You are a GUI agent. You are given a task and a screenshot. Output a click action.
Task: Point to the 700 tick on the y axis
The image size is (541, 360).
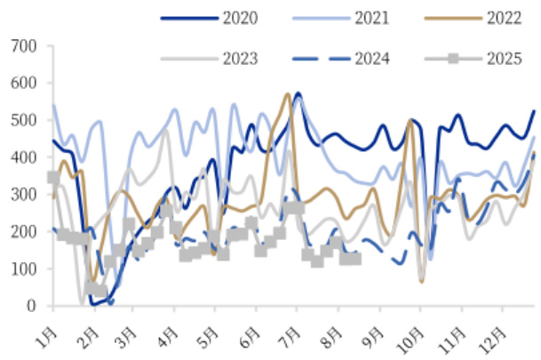tap(24, 45)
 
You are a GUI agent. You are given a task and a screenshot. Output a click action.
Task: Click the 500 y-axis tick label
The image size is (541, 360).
tap(24, 120)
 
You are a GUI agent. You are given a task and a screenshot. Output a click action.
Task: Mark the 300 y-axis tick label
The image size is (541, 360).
tap(24, 195)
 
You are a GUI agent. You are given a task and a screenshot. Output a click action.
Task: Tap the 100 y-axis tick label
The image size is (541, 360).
tap(24, 268)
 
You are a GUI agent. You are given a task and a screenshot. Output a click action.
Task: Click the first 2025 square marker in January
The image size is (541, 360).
tap(53, 178)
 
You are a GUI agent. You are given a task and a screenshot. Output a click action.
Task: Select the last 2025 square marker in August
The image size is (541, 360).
tap(355, 259)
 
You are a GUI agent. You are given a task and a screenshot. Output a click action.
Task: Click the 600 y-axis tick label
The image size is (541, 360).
tap(24, 83)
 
